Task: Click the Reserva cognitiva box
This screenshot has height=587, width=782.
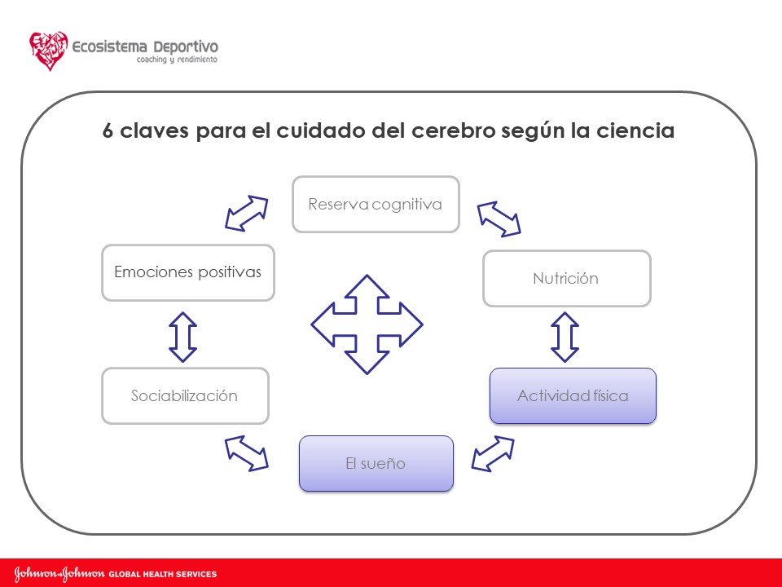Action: coord(376,204)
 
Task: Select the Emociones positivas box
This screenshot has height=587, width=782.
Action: coord(187,272)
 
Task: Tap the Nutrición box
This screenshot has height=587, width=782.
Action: coord(566,278)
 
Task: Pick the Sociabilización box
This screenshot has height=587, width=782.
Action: coord(185,395)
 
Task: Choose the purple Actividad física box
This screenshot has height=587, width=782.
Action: coord(573,395)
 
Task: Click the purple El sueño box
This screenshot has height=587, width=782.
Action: coord(376,463)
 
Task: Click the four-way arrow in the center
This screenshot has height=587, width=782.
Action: coord(367,324)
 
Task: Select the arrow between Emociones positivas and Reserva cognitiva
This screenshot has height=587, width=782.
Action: coord(247,214)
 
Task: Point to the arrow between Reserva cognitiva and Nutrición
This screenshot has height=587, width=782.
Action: coord(499,218)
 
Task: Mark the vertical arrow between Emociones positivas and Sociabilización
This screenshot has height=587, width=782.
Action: coord(182,337)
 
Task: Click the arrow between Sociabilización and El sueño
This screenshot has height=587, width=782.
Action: coord(247,452)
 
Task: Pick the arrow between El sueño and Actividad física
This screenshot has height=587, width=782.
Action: coord(493,453)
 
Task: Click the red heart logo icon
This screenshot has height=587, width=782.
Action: coord(49,51)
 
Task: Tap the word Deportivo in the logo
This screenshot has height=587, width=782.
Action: coord(184,46)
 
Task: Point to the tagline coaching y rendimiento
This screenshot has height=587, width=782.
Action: coord(176,61)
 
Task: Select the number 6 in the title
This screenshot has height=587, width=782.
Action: coord(108,131)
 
